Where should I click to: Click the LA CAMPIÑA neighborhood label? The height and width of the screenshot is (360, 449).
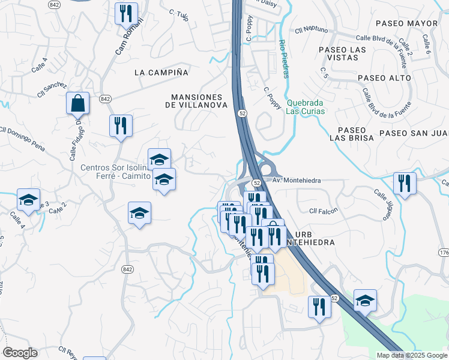161,73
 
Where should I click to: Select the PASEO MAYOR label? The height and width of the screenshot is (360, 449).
406,23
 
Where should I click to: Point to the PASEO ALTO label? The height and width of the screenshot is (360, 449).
384,78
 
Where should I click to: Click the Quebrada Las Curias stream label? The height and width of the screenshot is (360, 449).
305,107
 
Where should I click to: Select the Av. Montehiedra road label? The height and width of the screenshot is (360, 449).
297,181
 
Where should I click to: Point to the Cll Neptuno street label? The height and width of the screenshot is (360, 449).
311,30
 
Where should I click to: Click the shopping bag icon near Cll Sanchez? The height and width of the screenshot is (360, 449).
78,103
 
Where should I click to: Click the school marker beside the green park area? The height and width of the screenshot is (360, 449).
364,300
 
